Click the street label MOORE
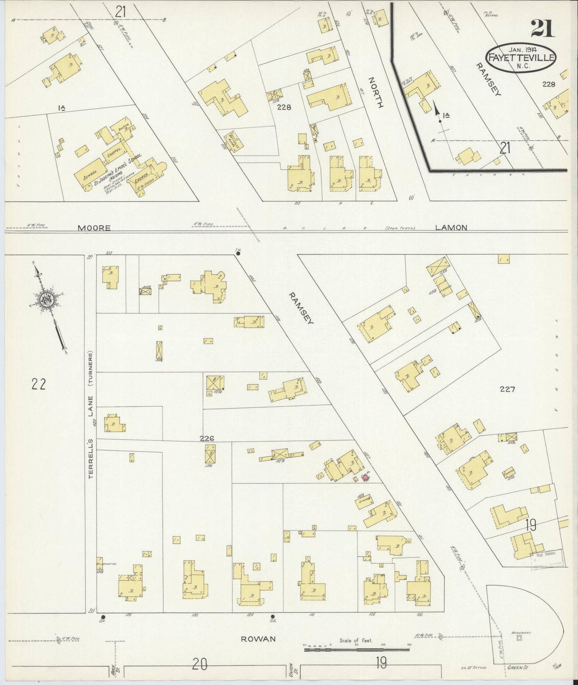point(94,228)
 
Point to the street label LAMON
point(451,227)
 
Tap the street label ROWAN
point(258,639)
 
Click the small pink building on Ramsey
point(366,478)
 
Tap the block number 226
point(207,438)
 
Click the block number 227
point(508,388)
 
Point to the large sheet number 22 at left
point(38,384)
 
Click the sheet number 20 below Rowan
point(200,665)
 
